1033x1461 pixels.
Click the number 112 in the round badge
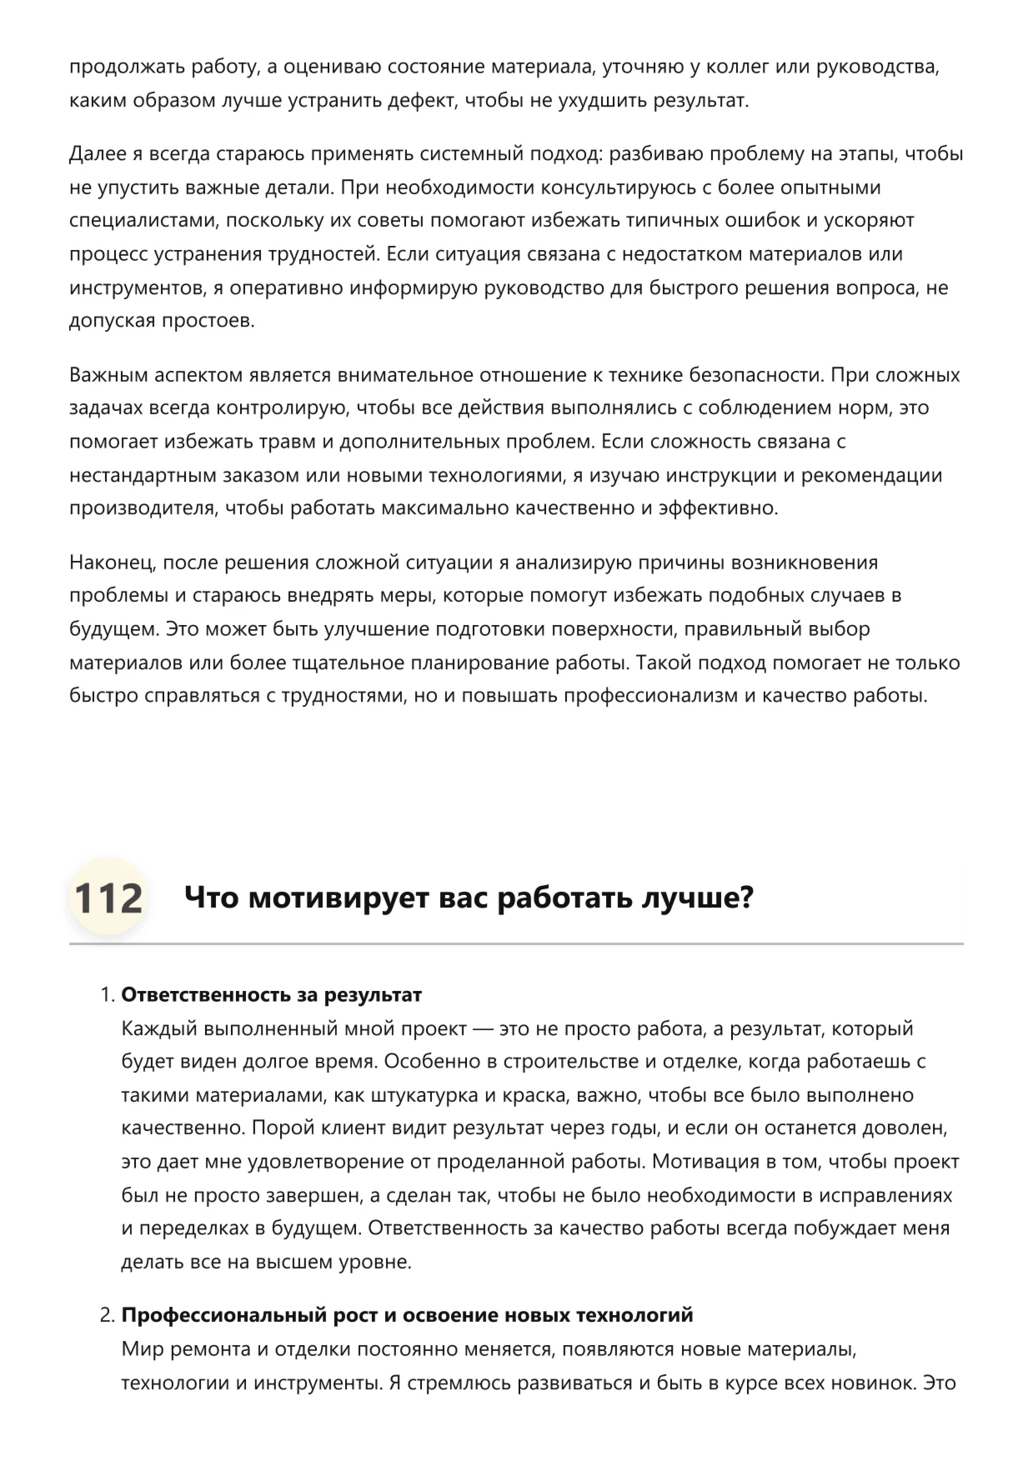click(108, 898)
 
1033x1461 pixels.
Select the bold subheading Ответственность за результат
click(272, 994)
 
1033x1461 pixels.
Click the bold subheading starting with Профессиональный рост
click(407, 1315)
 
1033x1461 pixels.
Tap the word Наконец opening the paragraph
click(111, 563)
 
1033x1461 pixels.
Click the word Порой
click(279, 1128)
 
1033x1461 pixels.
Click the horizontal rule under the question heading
click(516, 944)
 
